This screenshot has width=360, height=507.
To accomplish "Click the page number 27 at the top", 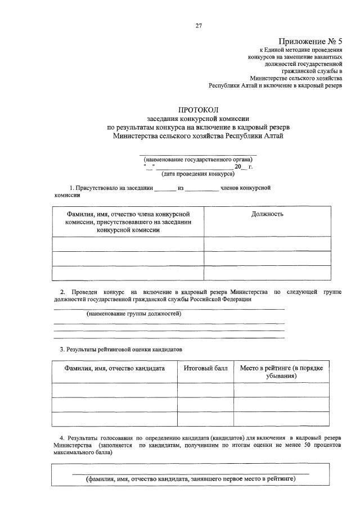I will (x=199, y=25).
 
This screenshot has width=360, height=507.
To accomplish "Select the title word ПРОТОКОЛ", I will (x=198, y=110).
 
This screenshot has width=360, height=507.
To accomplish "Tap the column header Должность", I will (x=267, y=214).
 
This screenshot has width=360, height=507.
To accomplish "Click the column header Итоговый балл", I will (x=205, y=368).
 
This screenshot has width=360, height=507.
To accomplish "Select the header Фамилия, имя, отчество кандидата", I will (x=115, y=368).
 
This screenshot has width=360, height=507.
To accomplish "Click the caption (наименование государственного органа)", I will (x=198, y=159).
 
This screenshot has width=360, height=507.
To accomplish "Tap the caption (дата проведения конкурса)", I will (x=198, y=174).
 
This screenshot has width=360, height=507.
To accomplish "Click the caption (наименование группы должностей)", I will (x=134, y=314).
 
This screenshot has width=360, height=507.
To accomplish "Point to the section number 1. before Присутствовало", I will (x=72, y=188).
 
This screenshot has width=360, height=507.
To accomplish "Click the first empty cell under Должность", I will (x=267, y=244).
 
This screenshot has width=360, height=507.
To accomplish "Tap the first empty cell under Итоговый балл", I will (x=205, y=390).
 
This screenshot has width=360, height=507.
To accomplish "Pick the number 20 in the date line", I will (x=237, y=167).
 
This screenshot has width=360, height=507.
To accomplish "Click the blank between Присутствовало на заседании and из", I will (x=165, y=188).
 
